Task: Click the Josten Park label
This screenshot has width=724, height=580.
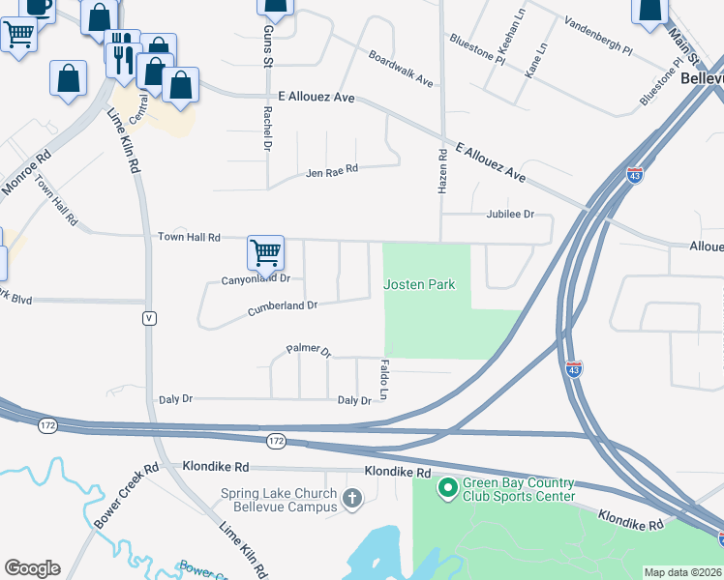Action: coord(419,284)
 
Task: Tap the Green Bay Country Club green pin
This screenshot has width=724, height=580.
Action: coord(447,487)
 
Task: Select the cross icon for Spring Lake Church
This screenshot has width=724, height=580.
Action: coord(352,499)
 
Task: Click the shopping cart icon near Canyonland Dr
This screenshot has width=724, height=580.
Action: coord(265,253)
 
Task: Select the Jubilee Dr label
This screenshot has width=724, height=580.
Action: coord(509,214)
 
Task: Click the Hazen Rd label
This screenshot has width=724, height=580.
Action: coord(442,170)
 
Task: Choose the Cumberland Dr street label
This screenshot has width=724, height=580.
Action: coord(283,306)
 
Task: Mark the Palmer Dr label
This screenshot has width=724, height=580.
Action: coord(309,350)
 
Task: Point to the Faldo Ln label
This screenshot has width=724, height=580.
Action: coord(384,380)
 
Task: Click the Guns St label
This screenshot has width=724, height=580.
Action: coord(268,46)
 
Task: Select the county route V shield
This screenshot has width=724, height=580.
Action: coord(149,318)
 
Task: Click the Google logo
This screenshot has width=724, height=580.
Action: coord(31,568)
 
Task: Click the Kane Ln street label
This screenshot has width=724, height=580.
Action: coord(535,60)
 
